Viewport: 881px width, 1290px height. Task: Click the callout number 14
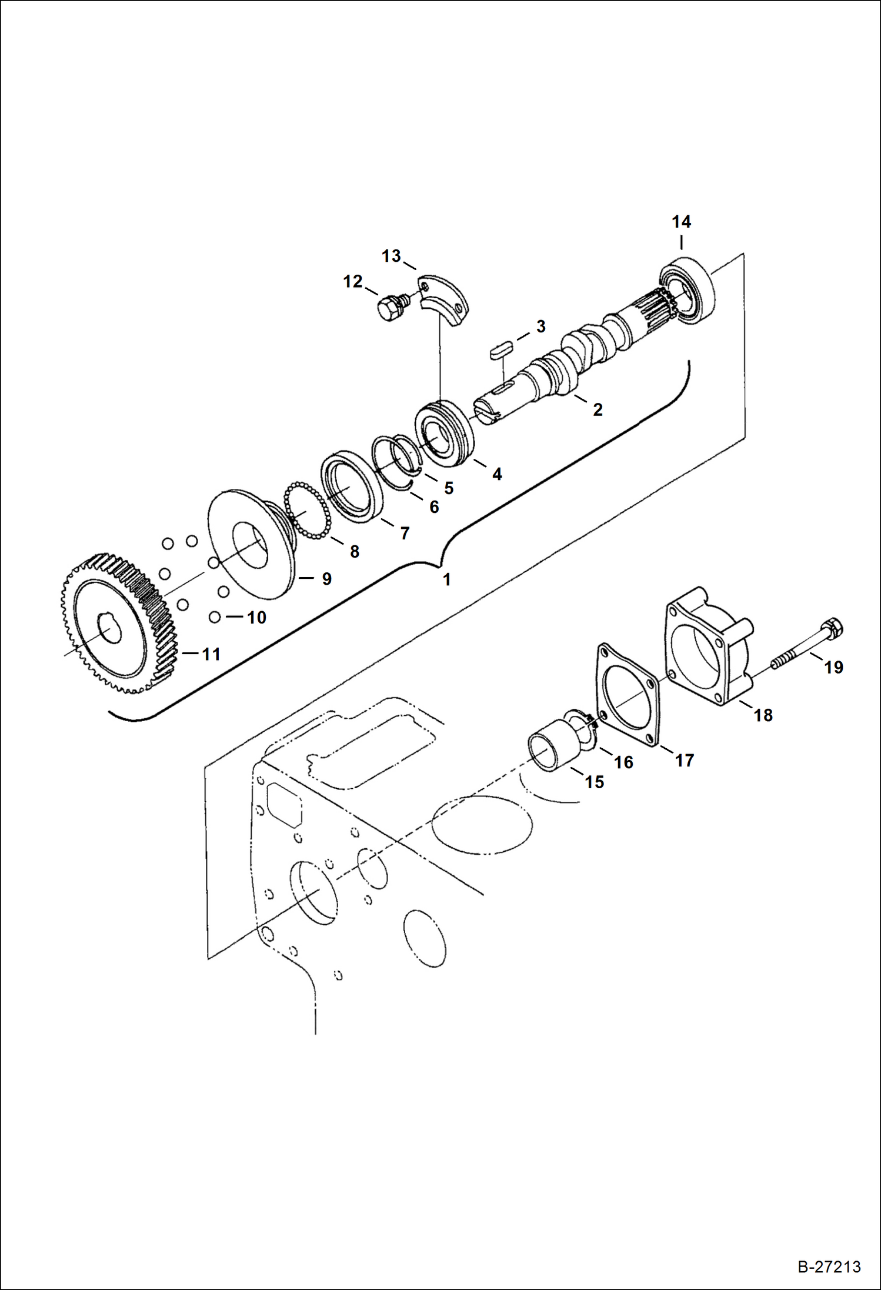681,222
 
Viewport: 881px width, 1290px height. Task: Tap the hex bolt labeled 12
387,307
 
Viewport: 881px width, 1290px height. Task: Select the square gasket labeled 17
628,696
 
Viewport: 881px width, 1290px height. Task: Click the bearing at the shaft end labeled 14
688,289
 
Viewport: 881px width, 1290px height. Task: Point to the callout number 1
447,579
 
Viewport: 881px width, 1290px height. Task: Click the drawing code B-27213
829,1266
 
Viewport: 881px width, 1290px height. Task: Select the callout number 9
327,579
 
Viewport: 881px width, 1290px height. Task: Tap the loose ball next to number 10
215,617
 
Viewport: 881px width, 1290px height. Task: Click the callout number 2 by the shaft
598,410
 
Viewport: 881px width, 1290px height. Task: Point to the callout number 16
623,762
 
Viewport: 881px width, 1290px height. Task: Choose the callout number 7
405,533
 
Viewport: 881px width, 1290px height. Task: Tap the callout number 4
497,474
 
